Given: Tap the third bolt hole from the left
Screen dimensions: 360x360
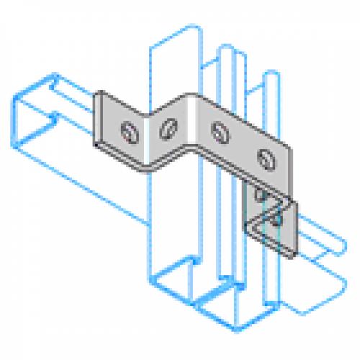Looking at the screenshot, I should click(x=217, y=131).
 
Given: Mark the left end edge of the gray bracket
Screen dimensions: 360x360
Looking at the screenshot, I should click(x=96, y=120).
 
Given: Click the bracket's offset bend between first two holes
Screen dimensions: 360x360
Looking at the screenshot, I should click(x=149, y=130).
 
